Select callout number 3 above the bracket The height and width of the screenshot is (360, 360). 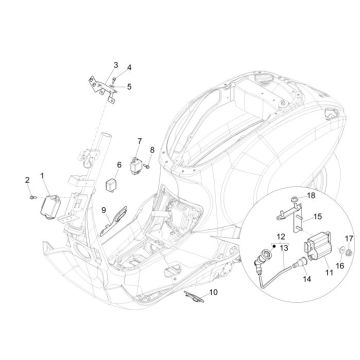coord(115,64)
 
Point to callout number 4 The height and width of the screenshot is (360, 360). coord(128,69)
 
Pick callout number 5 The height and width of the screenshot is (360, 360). coord(128,86)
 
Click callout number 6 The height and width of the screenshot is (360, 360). coord(120,165)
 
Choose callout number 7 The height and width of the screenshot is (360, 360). coord(139,141)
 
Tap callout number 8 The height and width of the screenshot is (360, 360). coord(152,150)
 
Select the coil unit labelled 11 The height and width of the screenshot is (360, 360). coord(306,236)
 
